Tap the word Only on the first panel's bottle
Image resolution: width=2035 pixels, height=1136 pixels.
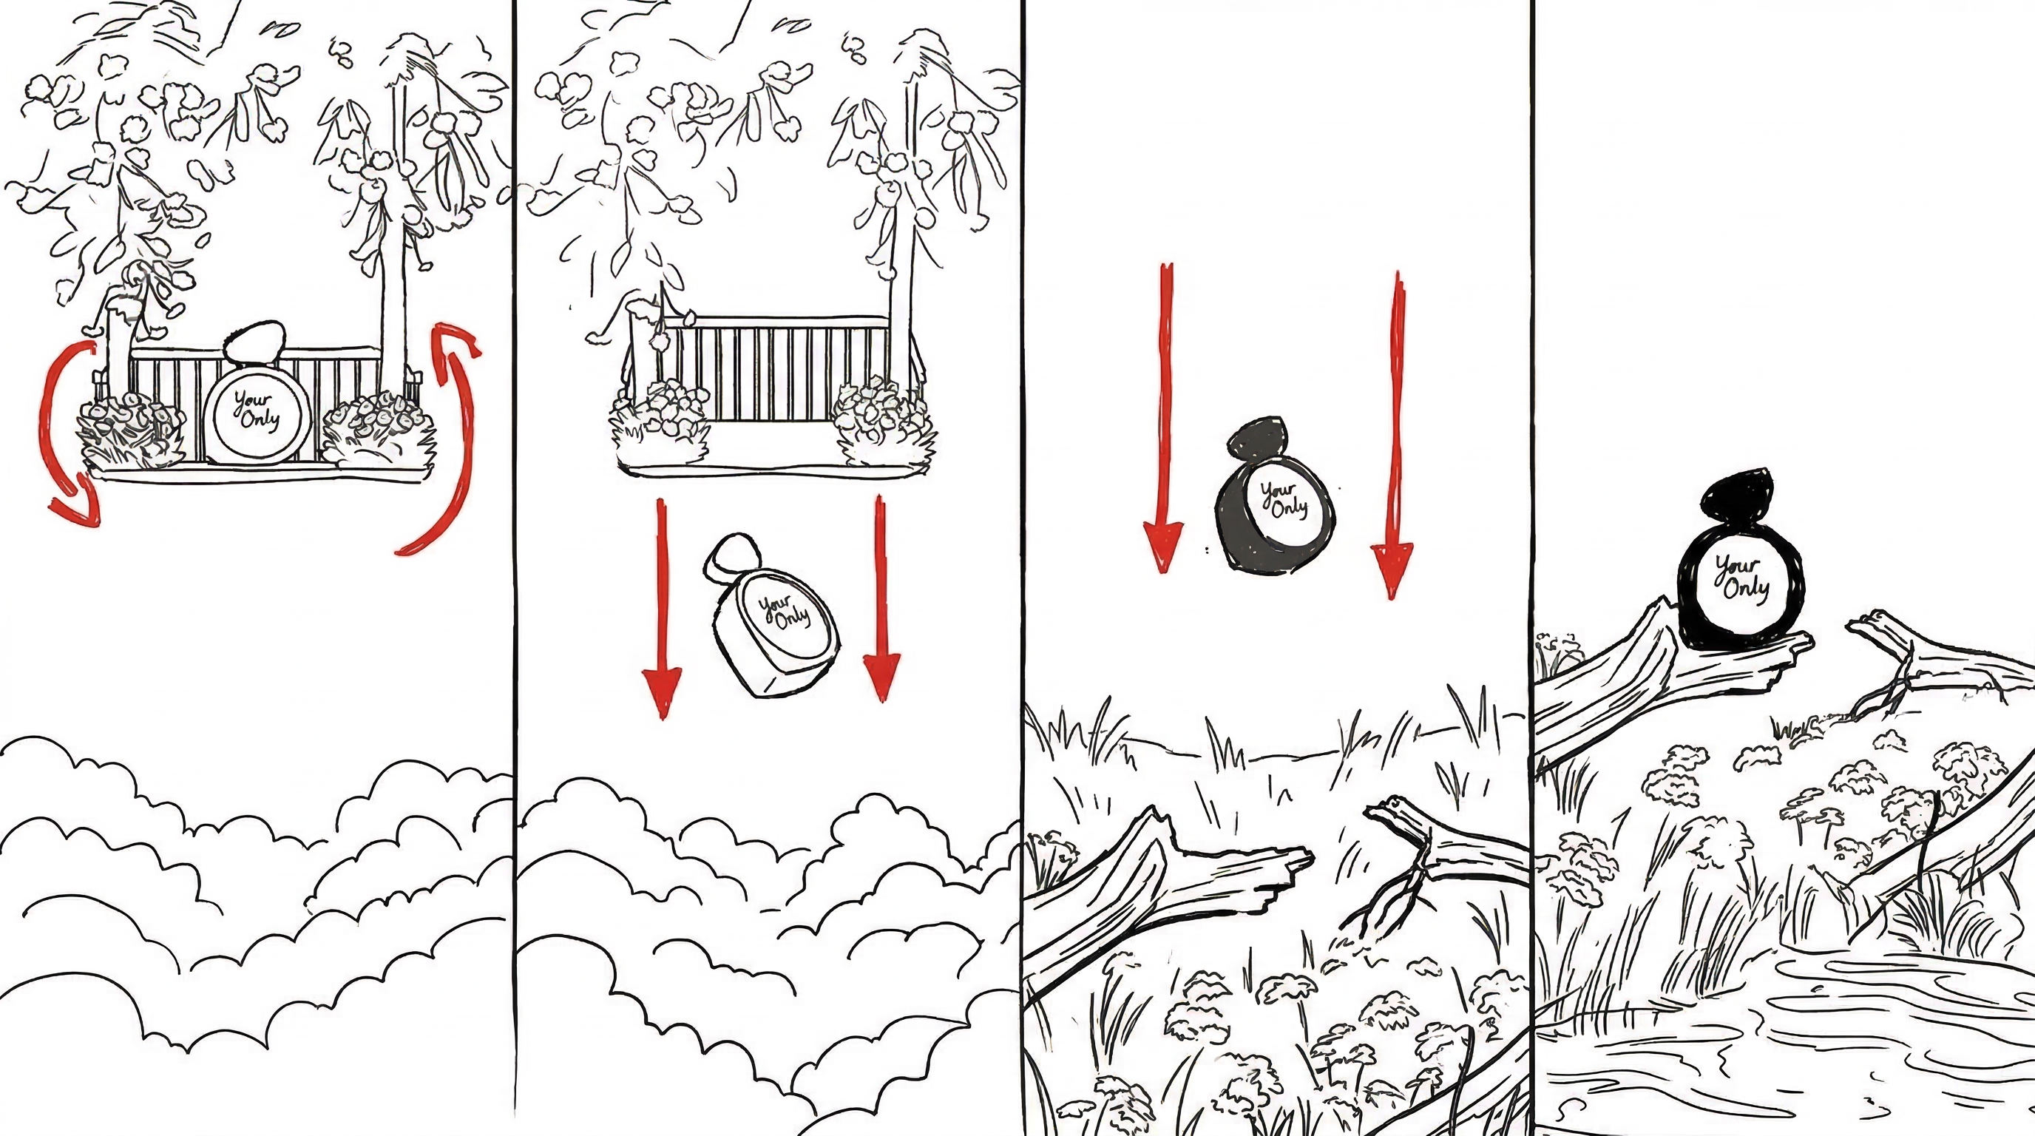click(x=260, y=419)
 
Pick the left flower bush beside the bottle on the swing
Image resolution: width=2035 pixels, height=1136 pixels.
click(x=131, y=431)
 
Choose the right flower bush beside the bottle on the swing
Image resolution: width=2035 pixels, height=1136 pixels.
click(x=379, y=430)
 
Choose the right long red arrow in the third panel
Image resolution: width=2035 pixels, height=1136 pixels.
click(x=1395, y=434)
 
